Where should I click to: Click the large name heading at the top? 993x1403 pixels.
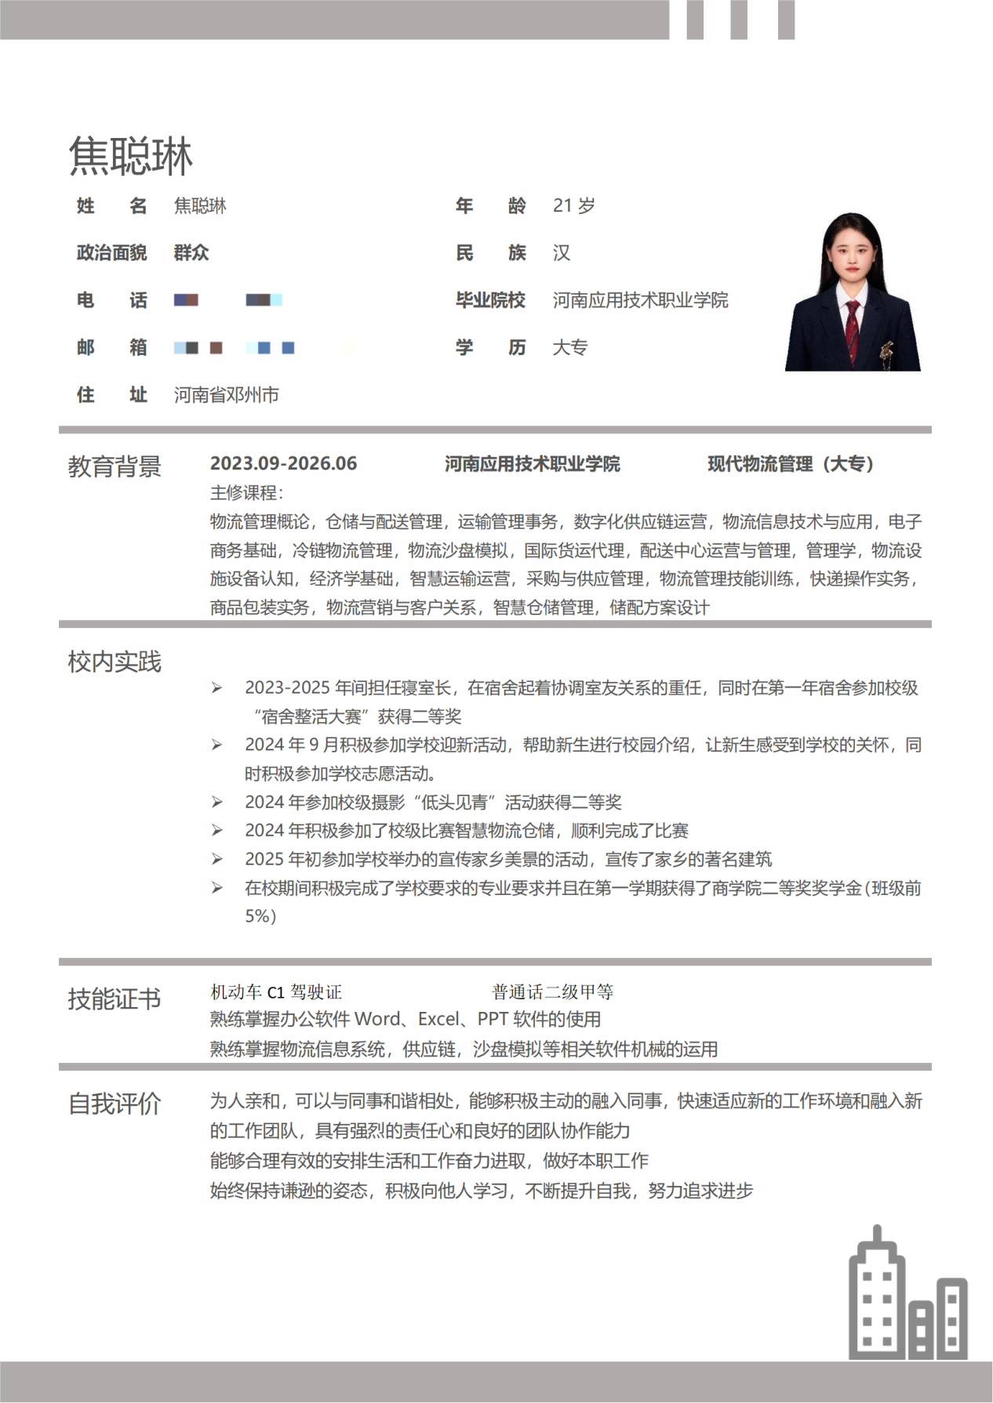point(130,156)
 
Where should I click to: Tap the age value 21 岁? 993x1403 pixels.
point(573,206)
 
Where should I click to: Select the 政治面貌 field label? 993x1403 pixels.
point(111,253)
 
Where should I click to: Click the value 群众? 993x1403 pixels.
point(191,253)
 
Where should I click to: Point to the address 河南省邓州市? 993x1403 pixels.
point(226,395)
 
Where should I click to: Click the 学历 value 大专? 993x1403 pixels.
point(569,347)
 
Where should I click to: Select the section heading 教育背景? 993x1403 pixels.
point(115,466)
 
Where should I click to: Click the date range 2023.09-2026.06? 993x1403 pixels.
point(283,464)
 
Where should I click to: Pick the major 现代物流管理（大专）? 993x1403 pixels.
point(790,464)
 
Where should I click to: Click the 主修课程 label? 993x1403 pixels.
point(246,493)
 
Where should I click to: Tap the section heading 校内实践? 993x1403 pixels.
point(115,662)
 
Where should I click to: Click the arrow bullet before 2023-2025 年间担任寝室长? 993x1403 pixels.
point(217,688)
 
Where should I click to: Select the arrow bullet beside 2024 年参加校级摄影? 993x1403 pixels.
point(217,803)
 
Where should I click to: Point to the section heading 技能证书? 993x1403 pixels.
point(115,999)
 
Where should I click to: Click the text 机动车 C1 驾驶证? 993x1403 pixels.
point(276,992)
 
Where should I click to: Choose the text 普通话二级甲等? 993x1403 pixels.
point(552,992)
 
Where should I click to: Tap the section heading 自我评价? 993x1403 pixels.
point(115,1104)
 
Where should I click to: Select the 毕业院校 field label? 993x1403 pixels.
point(490,300)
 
